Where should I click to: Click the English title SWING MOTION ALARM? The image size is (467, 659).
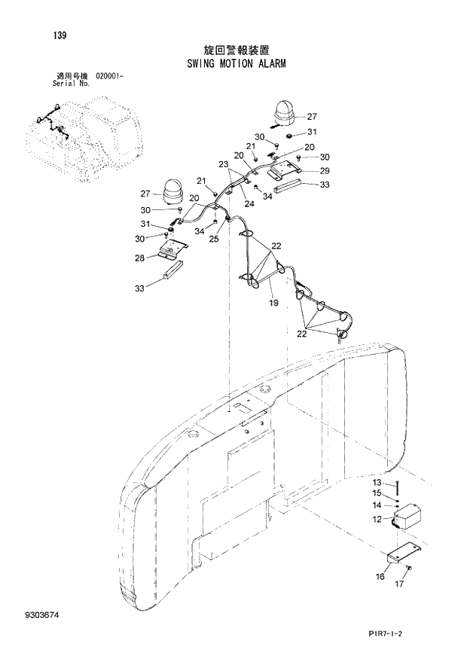237,65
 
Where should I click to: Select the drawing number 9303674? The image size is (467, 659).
38,616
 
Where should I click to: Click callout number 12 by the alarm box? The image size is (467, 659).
377,518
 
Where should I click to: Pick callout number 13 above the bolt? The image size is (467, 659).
377,482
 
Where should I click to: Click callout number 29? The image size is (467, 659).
325,171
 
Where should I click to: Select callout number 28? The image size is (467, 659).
139,258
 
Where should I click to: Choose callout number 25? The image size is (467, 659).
213,239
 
